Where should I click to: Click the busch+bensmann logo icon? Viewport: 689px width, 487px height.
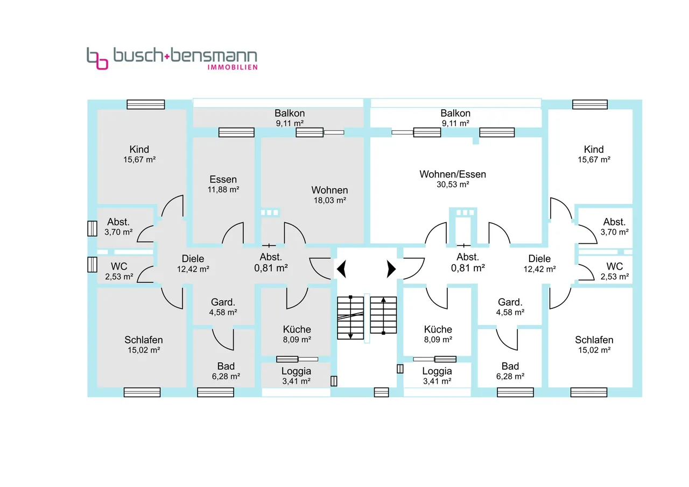[97, 58]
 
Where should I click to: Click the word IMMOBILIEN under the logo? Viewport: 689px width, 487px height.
[232, 67]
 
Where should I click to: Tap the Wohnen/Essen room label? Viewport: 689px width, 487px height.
[453, 174]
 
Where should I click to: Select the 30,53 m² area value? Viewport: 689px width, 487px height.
[453, 185]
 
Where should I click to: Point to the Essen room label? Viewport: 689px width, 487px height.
[223, 179]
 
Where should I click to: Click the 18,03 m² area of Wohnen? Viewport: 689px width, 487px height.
[329, 200]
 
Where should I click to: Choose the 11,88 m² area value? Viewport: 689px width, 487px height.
[223, 189]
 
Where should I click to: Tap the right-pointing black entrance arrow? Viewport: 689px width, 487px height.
[391, 267]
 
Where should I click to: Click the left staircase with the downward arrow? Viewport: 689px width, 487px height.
[350, 317]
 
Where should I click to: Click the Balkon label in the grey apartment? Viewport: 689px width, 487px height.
[290, 113]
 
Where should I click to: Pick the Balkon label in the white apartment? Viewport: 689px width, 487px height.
[455, 113]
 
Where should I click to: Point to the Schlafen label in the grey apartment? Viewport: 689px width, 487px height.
[144, 340]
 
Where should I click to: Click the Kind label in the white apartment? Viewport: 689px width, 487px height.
[594, 149]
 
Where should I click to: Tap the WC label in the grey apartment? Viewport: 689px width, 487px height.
[119, 266]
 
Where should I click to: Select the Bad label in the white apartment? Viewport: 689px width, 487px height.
[510, 366]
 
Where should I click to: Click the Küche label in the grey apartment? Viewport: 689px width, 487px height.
[297, 329]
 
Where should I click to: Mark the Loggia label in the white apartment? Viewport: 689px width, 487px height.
[437, 371]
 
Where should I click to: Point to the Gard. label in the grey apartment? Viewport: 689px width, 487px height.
[223, 302]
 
